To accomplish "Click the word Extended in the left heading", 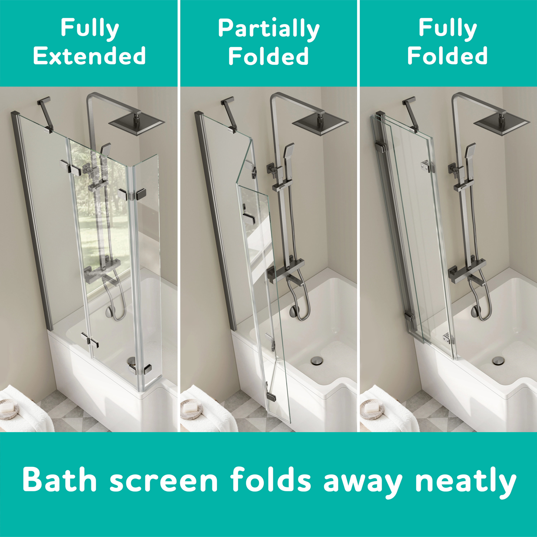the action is point(89,56).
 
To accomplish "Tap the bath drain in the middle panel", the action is point(317,361).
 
